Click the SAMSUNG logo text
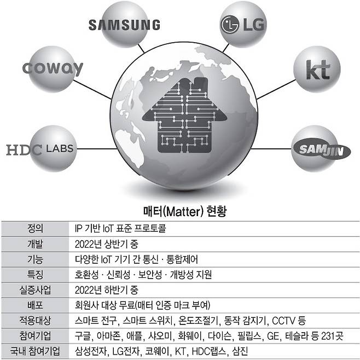pyautogui.click(x=124, y=25)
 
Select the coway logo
pyautogui.click(x=53, y=68)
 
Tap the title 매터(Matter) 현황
pyautogui.click(x=180, y=211)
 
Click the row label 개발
pyautogui.click(x=34, y=243)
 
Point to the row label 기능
pyautogui.click(x=34, y=259)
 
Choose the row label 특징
pyautogui.click(x=34, y=274)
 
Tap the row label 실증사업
pyautogui.click(x=34, y=289)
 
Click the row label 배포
pyautogui.click(x=34, y=305)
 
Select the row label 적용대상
pyautogui.click(x=34, y=320)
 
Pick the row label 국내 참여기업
pyautogui.click(x=34, y=351)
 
